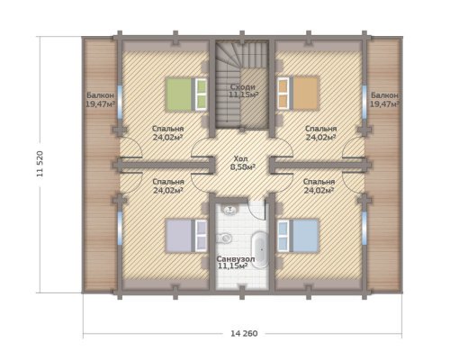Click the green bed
click(x=186, y=94)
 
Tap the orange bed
click(x=297, y=93)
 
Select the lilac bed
click(x=186, y=236)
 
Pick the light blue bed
click(x=298, y=236)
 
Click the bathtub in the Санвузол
click(x=260, y=248)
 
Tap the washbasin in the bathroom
click(x=230, y=209)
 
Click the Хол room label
click(x=243, y=158)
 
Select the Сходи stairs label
click(x=243, y=87)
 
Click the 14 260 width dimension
click(x=244, y=333)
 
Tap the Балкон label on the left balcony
click(x=100, y=95)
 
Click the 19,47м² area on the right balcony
click(x=384, y=104)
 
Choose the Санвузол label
click(x=236, y=258)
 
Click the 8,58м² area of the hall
click(x=243, y=166)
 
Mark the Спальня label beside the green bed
click(x=167, y=129)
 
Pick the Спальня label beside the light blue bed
click(x=319, y=182)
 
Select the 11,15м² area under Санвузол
click(x=232, y=265)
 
